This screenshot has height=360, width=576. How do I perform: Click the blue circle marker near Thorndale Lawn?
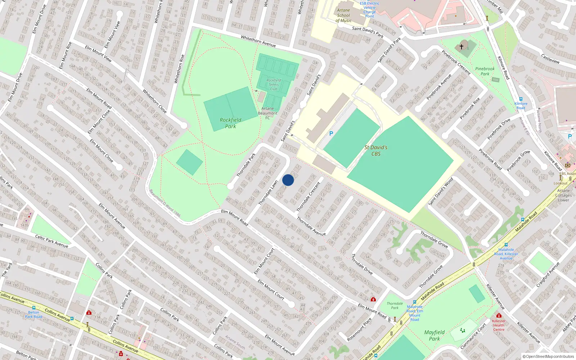click(288, 180)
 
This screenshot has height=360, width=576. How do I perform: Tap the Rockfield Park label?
click(230, 123)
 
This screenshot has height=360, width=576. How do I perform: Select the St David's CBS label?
click(376, 150)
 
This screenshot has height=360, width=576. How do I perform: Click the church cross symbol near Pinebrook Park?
click(462, 46)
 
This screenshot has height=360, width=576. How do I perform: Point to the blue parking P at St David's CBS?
click(331, 134)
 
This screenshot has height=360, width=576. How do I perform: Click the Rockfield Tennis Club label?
click(274, 85)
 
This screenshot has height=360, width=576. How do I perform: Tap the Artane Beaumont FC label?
click(267, 113)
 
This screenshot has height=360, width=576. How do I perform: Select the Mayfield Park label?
click(434, 335)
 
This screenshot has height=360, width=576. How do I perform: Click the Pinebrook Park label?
click(485, 71)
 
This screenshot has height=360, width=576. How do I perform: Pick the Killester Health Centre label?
click(499, 325)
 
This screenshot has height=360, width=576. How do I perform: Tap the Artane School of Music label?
click(343, 15)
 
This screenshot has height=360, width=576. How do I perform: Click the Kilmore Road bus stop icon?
click(521, 99)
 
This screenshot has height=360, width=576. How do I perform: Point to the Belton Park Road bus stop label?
click(33, 315)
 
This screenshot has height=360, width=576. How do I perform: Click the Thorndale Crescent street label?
click(308, 197)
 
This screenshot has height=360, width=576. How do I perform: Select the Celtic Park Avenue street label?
click(51, 241)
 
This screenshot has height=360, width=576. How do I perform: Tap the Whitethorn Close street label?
click(154, 101)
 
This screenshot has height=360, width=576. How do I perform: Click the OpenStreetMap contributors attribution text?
click(548, 357)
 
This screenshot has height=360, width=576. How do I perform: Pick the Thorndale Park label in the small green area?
click(395, 306)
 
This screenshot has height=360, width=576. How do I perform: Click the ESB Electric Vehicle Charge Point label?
click(369, 10)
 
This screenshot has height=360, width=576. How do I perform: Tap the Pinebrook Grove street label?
click(518, 161)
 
